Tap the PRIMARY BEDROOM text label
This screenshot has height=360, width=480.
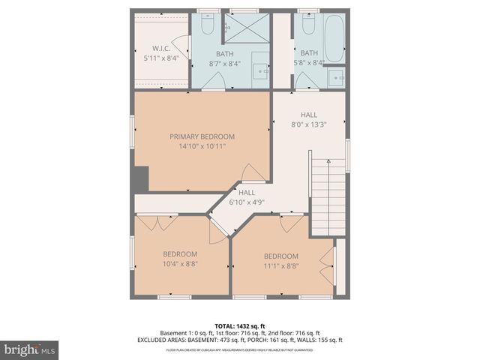point(202,136)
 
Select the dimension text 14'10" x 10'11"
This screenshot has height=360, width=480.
point(202,146)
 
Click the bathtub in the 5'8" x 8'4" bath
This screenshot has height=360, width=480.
point(334,33)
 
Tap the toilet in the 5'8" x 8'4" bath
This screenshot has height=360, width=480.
point(307,24)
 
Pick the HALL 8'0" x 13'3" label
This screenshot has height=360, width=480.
point(308,119)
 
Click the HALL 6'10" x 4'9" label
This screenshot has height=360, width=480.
point(247,197)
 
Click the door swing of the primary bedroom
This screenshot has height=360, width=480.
point(253,173)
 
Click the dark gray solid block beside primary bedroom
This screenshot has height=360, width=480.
point(140,179)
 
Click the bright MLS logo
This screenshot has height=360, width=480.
point(30,349)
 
